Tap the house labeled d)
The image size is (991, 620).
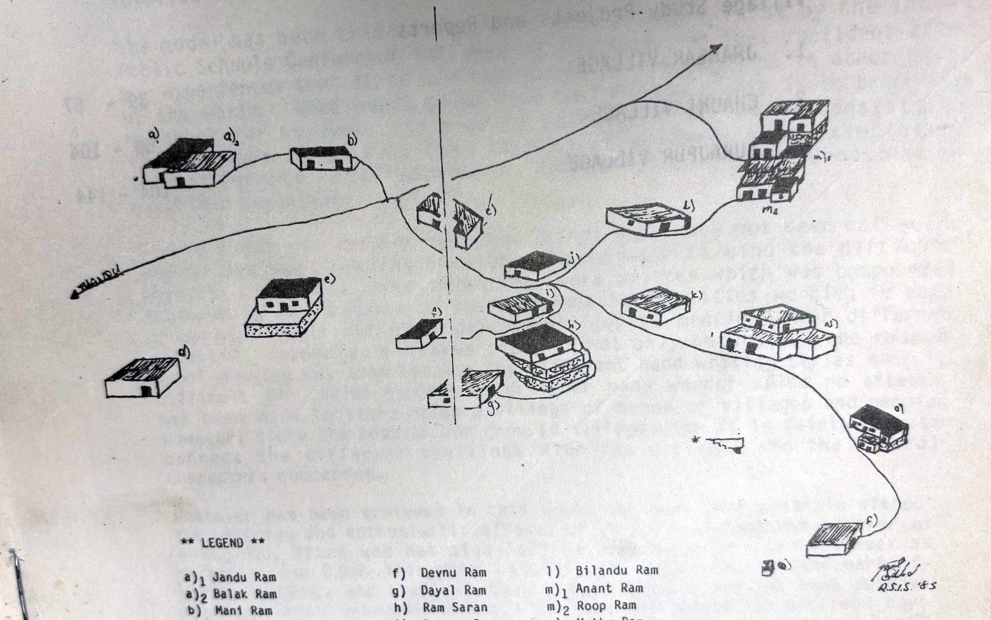pos(143,378)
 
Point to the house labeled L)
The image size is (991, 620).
pos(647,220)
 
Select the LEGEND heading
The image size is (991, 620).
pos(223,543)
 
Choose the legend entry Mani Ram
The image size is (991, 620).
pos(243,611)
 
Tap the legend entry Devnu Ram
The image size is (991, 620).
pos(453,572)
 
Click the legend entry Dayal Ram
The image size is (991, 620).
pos(453,590)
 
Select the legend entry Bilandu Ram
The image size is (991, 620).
pos(617,570)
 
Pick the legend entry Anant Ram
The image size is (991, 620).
pos(609,588)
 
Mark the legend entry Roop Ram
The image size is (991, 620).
pos(606,606)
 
